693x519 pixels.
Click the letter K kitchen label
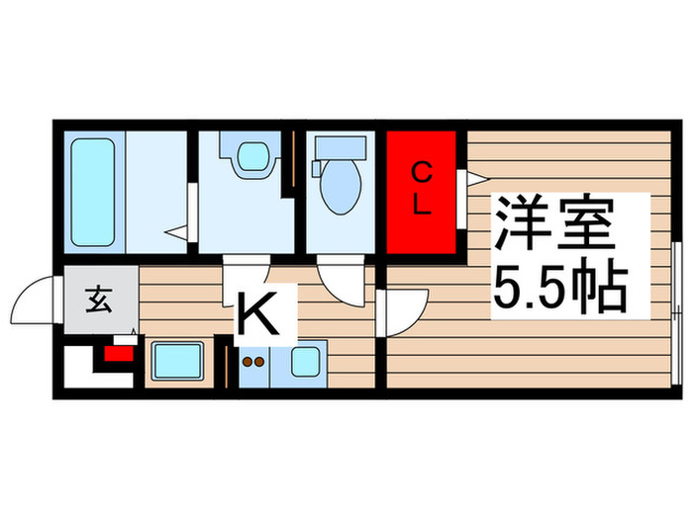(x=264, y=316)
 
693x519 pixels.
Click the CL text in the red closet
(x=422, y=190)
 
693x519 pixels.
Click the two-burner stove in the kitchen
(x=253, y=363)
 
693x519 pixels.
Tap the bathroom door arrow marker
(x=177, y=233)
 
